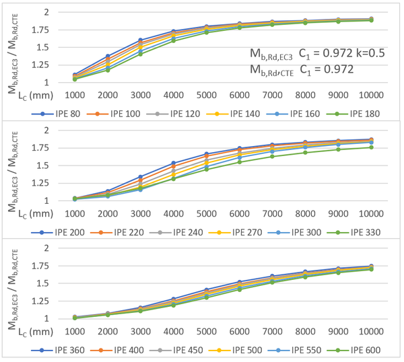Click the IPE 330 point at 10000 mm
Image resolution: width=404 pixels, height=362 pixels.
point(370,147)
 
